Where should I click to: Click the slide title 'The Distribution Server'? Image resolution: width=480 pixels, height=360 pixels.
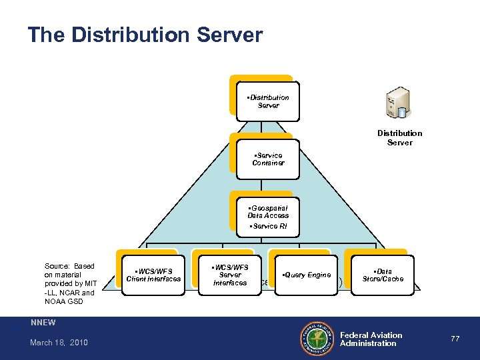point(145,35)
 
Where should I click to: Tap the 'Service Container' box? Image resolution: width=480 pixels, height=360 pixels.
point(268,159)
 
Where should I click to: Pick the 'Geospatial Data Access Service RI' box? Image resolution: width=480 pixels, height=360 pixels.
point(268,217)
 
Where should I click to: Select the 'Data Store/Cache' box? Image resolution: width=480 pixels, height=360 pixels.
point(383,275)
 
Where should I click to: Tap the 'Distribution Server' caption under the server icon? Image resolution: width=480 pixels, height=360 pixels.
point(399,137)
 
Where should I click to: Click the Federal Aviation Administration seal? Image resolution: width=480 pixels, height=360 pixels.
point(317,339)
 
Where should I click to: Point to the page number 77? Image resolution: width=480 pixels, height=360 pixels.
point(455,339)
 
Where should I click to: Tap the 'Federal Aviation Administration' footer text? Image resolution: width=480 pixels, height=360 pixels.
point(371,339)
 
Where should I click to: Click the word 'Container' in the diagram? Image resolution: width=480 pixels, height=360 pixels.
point(268,163)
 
